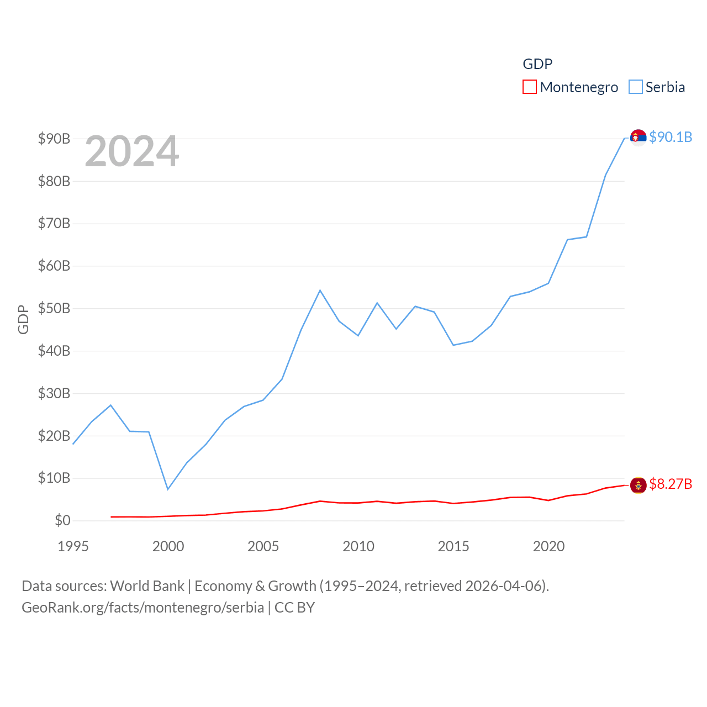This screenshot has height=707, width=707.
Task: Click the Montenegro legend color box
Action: point(529,87)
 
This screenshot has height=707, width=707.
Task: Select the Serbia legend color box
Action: point(636,87)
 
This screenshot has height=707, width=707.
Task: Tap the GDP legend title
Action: point(537,64)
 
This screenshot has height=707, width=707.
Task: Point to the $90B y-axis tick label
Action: point(54,139)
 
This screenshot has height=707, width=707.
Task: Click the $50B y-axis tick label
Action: point(54,308)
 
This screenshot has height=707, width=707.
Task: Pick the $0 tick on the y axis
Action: point(62,520)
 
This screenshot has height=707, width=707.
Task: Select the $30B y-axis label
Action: point(54,393)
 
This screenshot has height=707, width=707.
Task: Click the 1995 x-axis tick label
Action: point(73,547)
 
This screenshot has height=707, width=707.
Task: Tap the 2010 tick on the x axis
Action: point(358,547)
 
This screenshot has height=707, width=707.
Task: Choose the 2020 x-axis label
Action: point(548,547)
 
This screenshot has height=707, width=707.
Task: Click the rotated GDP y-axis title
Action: point(23,319)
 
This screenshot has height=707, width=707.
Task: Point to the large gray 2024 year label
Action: point(132,151)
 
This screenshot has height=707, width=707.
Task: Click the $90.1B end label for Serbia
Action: point(671,137)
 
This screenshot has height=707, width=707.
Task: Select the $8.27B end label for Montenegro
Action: point(671,484)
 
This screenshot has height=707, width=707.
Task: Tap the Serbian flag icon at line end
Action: point(638,137)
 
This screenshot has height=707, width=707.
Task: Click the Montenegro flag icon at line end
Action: point(638,486)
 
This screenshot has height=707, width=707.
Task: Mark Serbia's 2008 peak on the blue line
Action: point(320,291)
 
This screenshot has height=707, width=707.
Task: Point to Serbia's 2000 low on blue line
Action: point(168,489)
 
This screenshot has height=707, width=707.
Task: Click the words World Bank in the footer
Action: point(147,586)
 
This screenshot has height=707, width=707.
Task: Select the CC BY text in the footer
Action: point(294,608)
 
